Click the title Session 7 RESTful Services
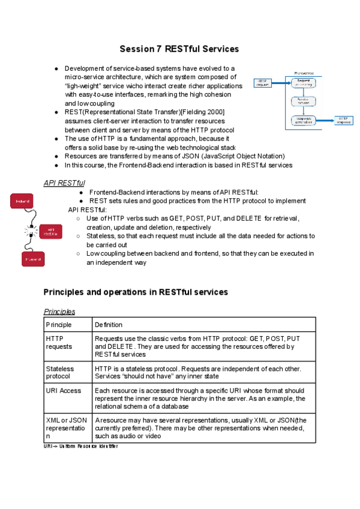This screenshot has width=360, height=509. click(179, 49)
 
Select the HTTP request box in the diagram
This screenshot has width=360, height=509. click(263, 83)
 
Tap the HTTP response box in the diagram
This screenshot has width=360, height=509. click(343, 120)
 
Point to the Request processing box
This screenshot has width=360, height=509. click(304, 82)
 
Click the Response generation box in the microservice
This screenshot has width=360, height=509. click(304, 120)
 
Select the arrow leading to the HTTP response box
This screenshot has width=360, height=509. click(325, 120)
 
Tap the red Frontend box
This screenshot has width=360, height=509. click(33, 259)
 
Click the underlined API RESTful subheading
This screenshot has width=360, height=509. click(64, 182)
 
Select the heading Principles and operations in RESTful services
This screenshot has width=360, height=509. click(136, 292)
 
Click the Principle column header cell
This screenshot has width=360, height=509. click(59, 325)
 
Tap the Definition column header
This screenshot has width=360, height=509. click(109, 325)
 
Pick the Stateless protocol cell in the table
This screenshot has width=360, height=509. click(61, 372)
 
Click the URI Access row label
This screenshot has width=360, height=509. click(63, 390)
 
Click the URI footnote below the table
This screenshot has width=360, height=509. click(81, 447)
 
